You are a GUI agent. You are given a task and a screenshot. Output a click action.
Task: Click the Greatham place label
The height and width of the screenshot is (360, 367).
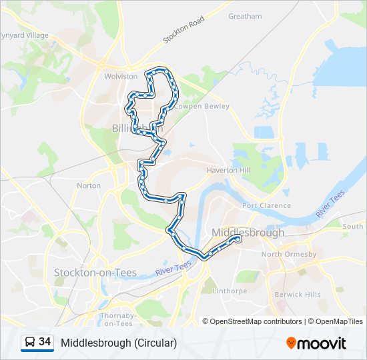point(245,16)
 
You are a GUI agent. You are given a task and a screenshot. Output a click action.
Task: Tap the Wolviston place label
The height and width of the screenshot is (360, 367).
point(120,77)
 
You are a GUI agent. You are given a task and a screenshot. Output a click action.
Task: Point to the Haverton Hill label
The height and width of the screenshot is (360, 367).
point(228,171)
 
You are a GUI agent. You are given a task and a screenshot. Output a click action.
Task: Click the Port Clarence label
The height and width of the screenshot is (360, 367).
point(266,206)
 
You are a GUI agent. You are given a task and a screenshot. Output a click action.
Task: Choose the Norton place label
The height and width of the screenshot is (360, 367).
point(89,186)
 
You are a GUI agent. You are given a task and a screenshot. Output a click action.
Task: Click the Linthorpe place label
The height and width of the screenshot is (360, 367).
point(229,291)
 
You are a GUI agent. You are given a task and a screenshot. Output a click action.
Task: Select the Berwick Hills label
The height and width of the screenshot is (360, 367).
point(298,294)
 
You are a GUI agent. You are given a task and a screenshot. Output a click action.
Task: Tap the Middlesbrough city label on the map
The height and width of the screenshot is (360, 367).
point(248,233)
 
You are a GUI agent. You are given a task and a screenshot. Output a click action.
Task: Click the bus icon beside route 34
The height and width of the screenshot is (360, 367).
point(29,343)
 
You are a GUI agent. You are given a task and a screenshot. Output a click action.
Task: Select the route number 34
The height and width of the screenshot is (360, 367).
point(45,342)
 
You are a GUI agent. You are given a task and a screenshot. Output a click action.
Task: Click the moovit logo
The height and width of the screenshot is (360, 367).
point(316,343)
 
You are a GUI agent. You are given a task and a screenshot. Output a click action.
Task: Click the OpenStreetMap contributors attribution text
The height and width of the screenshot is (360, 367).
point(256,321)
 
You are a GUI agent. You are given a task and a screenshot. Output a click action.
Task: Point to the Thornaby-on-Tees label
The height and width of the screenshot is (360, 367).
point(118,319)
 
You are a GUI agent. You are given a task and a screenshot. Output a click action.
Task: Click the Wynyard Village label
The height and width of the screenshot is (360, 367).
point(24,35)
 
